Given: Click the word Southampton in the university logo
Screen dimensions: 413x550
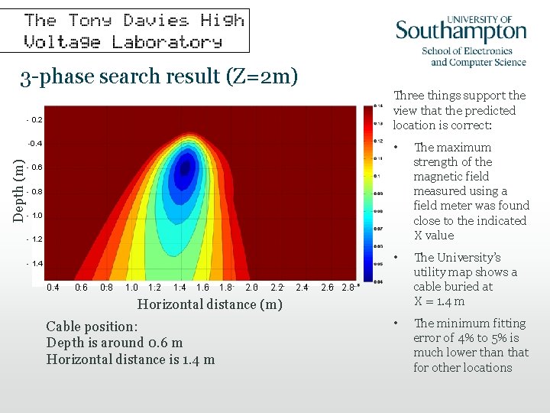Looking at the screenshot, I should click(x=461, y=32).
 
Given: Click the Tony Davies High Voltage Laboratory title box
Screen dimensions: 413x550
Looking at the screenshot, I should click(x=134, y=31).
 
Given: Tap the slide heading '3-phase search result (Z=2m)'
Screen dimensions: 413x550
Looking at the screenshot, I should click(x=159, y=76).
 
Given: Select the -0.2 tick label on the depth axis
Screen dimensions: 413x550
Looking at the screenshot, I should click(x=34, y=120).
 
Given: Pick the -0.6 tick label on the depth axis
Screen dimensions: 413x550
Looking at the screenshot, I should click(x=34, y=167).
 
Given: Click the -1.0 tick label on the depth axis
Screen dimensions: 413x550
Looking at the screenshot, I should click(x=34, y=215).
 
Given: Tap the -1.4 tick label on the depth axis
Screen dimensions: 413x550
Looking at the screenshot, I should click(x=34, y=263).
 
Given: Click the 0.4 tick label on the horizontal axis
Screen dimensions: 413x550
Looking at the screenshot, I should click(x=53, y=288).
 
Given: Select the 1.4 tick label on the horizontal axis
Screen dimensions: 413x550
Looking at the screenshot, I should click(x=180, y=288).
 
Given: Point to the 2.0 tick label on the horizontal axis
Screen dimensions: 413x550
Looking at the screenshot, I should click(x=251, y=288).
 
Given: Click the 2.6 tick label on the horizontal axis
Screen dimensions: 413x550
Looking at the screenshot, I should click(x=327, y=288).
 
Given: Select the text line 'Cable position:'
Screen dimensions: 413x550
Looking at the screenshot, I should click(x=92, y=326).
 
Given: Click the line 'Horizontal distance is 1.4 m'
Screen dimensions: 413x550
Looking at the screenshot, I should click(x=131, y=359).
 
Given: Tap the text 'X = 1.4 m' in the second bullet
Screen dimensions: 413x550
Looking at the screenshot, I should click(x=439, y=301).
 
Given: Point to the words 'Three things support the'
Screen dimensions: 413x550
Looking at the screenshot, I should click(x=459, y=96).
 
